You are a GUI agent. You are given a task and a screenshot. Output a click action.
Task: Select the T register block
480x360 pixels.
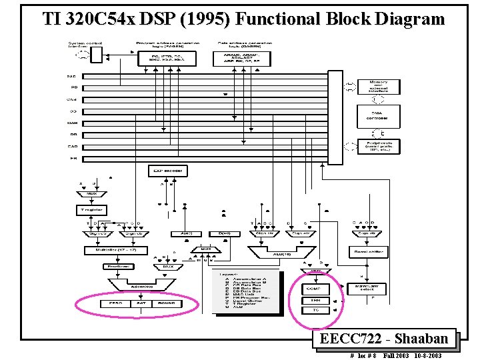90,210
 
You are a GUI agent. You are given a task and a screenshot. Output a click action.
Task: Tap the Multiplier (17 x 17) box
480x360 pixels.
109,251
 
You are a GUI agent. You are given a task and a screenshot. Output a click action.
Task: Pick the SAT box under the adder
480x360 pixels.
141,303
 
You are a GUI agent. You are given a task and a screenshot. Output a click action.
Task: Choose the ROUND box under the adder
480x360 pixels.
167,303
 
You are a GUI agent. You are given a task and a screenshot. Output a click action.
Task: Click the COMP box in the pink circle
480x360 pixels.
313,289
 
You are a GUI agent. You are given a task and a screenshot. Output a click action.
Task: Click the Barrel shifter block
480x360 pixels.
368,252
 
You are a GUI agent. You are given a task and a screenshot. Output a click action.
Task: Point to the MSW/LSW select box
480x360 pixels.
368,289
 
